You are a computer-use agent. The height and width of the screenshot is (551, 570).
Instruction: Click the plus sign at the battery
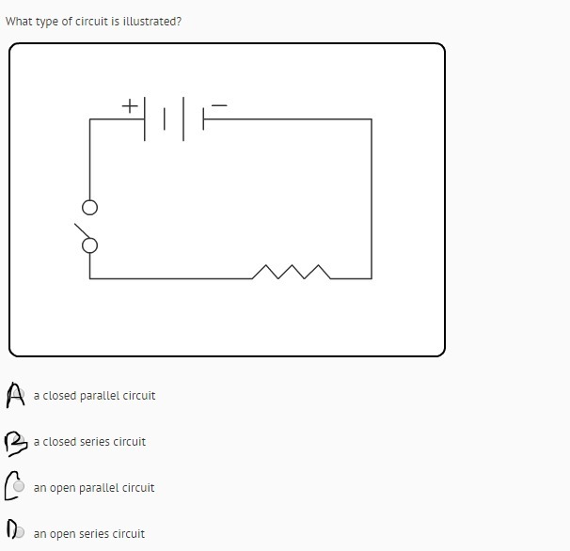[130, 106]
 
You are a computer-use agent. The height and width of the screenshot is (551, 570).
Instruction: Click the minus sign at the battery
[219, 105]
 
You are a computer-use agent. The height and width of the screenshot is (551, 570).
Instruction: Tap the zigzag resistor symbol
[292, 272]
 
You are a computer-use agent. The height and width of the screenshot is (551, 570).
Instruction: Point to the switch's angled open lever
[82, 230]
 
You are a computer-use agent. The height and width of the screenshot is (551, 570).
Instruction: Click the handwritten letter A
[15, 395]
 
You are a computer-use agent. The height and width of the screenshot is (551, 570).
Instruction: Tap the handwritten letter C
[11, 485]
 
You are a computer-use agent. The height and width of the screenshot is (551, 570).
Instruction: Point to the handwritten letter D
[11, 528]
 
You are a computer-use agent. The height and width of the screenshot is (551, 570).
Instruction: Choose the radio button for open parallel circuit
[19, 486]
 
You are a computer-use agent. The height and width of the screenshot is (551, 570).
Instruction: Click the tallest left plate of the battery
[145, 118]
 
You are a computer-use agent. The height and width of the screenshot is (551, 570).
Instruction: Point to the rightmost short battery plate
[203, 118]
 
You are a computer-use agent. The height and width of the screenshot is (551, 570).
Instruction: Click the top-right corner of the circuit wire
[372, 118]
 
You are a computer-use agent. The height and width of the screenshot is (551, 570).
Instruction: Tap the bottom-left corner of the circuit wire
[89, 278]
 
